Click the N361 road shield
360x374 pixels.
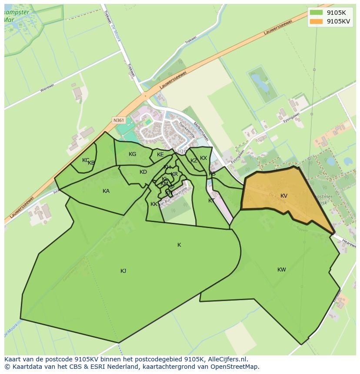tap(118, 120)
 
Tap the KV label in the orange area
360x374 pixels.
tap(284, 196)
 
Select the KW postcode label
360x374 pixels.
tap(282, 270)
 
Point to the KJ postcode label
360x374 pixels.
tap(123, 271)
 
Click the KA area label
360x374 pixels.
tap(106, 191)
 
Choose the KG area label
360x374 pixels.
tap(133, 154)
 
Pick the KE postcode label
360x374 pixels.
tap(160, 155)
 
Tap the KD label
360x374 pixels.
tap(143, 172)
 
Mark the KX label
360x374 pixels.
tap(203, 158)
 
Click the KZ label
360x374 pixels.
tap(194, 161)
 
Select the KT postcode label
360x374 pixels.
tap(211, 201)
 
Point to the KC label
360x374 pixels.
tap(86, 160)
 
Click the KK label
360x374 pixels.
tap(154, 204)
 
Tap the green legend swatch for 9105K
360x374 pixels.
tap(316, 12)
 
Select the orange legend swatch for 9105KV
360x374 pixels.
tap(316, 21)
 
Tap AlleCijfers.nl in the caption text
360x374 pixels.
tap(227, 359)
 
